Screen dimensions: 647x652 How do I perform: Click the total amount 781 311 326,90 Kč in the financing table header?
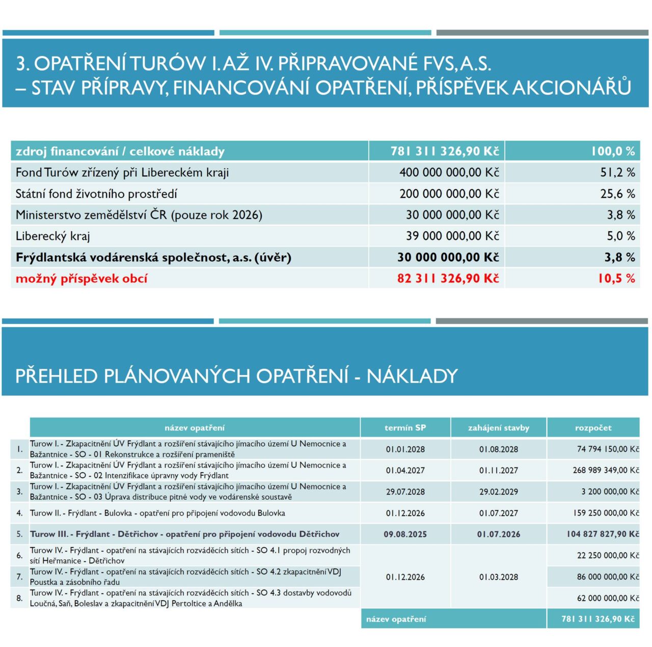pos(444,151)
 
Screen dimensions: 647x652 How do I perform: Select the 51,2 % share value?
pos(617,173)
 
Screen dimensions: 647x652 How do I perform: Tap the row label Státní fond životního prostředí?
pos(96,194)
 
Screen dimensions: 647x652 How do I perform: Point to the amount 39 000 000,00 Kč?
pos(452,236)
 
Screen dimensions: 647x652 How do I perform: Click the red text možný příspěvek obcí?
pos(81,279)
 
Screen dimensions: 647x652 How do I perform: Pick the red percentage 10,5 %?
pos(616,279)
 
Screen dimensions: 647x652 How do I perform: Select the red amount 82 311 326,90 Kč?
pos(448,279)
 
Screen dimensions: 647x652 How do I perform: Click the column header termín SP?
pos(405,428)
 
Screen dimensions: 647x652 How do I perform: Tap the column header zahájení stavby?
pos(498,428)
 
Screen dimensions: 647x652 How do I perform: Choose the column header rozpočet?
pos(593,428)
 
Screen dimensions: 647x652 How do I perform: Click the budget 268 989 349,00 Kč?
pos(606,470)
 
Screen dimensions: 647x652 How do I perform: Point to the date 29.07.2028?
pos(405,492)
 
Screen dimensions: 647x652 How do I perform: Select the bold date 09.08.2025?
pos(405,534)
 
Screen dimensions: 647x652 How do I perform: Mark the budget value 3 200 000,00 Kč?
pos(610,492)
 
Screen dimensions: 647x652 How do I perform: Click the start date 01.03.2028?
pos(498,577)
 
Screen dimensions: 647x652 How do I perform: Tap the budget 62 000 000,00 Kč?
pos(608,598)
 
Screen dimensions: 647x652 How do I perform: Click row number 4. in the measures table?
pos(19,513)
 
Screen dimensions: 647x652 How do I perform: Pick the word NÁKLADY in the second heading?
pos(412,376)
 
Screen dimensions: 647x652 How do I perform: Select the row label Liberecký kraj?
pos(52,236)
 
